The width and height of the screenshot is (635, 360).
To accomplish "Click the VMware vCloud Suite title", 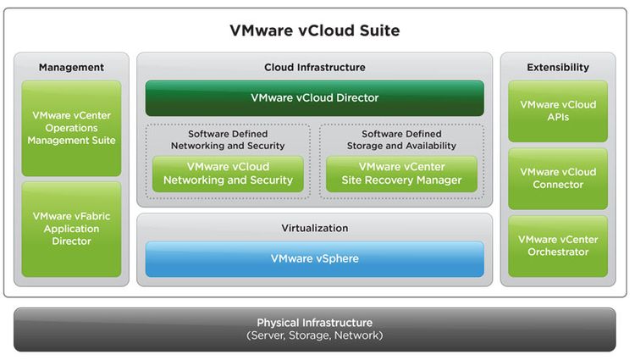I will tap(315, 30).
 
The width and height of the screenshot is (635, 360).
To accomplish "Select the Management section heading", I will tap(71, 67).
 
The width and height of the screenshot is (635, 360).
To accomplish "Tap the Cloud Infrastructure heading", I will tap(315, 67).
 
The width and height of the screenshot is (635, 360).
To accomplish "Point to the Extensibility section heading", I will tap(558, 67).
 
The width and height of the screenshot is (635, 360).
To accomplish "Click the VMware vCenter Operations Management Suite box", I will tap(71, 128).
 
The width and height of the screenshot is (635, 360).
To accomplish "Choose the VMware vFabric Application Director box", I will tap(71, 229).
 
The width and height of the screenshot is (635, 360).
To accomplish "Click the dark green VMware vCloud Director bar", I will tap(315, 98).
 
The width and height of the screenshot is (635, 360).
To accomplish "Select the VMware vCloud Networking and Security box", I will tap(228, 174).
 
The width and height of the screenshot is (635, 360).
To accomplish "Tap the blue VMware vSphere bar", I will tap(315, 258).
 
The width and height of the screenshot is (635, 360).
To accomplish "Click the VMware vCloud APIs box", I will tap(558, 111).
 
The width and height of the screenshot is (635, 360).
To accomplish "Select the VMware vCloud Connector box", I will tap(558, 179).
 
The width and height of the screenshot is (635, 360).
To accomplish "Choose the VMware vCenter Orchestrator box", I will tap(558, 246).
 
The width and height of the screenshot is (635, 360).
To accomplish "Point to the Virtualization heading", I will tap(315, 228).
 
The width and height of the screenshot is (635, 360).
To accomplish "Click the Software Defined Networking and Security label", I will tap(228, 140).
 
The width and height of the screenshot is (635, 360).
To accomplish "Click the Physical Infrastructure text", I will tap(315, 323).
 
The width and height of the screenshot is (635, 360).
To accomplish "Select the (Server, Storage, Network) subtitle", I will tap(315, 336).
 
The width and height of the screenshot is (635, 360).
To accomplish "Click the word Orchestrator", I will tap(558, 252).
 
